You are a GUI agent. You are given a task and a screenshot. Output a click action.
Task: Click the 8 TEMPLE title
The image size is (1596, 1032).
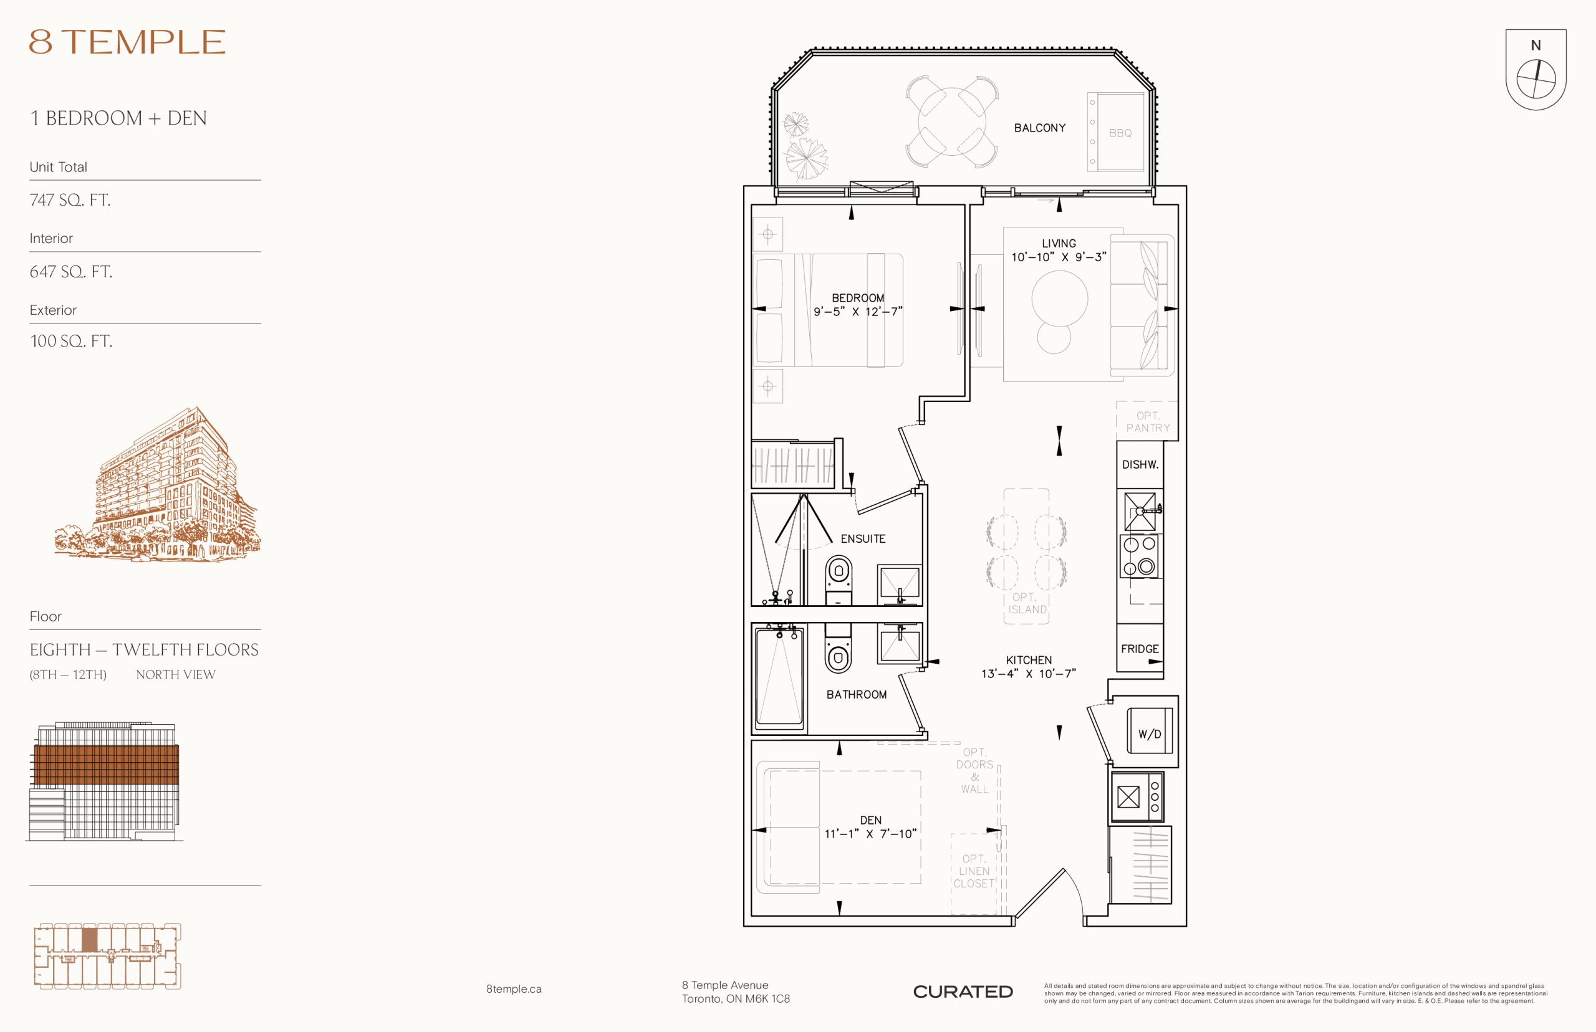[x=127, y=42]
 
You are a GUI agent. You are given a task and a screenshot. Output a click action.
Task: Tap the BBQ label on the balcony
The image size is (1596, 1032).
[x=1120, y=133]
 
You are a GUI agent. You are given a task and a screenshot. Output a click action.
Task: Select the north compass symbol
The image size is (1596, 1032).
[x=1536, y=70]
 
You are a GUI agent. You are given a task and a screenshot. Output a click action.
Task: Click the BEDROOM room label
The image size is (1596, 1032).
[x=858, y=297]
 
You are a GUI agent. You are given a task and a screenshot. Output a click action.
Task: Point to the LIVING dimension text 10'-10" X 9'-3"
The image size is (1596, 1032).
[x=1059, y=257]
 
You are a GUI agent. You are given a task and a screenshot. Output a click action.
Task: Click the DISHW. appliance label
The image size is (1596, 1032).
[x=1140, y=464]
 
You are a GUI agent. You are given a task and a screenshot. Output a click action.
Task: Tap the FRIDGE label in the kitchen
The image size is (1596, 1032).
[x=1140, y=649]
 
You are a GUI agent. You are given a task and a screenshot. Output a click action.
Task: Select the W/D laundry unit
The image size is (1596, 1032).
[x=1150, y=730]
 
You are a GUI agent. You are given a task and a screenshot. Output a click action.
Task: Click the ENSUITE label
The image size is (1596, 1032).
[x=863, y=539]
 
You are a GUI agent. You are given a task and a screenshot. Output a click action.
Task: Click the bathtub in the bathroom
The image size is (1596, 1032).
[x=779, y=677]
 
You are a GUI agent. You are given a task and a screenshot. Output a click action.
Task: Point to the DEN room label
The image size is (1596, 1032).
[x=871, y=820]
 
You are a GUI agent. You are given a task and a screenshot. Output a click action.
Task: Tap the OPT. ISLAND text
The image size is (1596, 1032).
[x=1027, y=603]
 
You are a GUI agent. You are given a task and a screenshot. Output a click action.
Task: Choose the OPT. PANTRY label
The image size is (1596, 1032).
[x=1148, y=421]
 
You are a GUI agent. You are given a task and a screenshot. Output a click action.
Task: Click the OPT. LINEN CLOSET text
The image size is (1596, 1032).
[x=974, y=871]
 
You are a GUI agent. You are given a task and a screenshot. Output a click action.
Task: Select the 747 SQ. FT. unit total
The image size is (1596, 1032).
[x=70, y=199]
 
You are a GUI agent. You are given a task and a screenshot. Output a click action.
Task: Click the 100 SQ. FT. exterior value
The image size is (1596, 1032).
[x=71, y=341]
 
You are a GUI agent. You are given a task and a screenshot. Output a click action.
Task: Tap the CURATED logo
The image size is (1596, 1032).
[x=963, y=991]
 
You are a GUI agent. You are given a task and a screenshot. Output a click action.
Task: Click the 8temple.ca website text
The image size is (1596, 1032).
[x=514, y=989]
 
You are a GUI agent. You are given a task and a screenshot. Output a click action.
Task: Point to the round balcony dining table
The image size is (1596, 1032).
[x=952, y=122]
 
